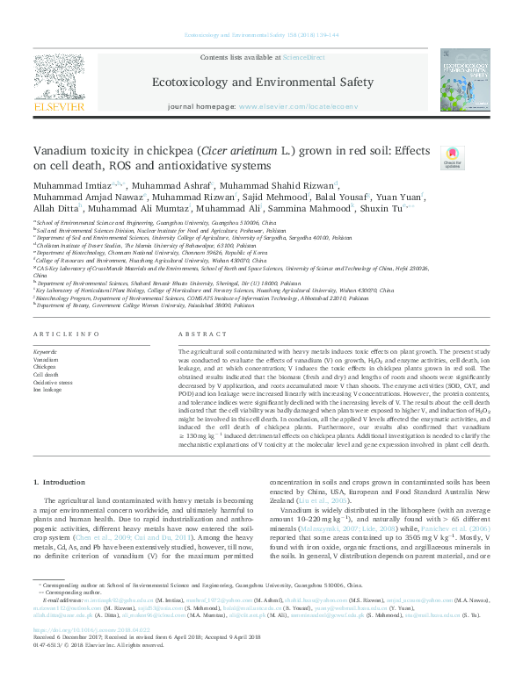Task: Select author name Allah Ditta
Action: point(55,209)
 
